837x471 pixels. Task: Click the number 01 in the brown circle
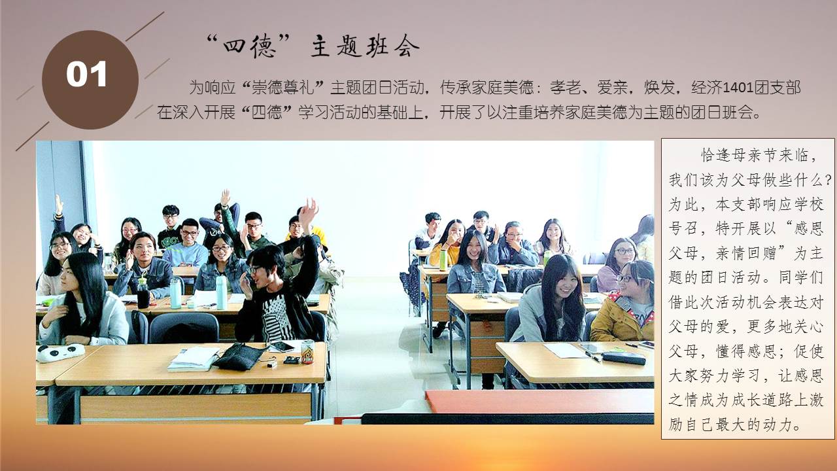coord(87,74)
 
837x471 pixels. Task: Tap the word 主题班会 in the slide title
coord(365,46)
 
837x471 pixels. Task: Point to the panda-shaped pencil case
coord(61,353)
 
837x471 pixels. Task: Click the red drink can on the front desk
coord(307,351)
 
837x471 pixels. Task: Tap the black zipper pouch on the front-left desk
coord(239,357)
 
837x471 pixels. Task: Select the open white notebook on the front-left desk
coord(193,359)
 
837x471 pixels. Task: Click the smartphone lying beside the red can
coord(282,347)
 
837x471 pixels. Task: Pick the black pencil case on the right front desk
coord(623,358)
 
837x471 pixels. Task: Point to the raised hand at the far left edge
coord(59,205)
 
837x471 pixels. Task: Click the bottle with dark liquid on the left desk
coord(143,294)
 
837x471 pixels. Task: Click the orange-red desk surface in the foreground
coord(540,401)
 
